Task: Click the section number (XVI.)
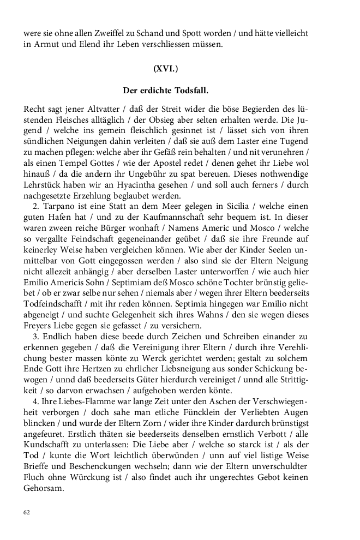pyautogui.click(x=165, y=69)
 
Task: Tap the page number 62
pyautogui.click(x=27, y=512)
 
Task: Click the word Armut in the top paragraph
pyautogui.click(x=44, y=45)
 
